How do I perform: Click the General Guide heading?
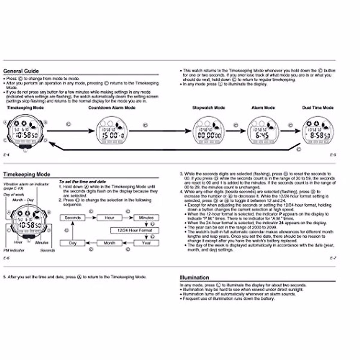(x=21, y=71)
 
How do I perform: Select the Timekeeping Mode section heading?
(x=26, y=174)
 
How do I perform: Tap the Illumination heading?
(x=194, y=277)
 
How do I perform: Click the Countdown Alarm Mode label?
(x=112, y=108)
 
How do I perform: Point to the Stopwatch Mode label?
(x=208, y=108)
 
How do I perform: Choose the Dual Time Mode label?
(x=318, y=108)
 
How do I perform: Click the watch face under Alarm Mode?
(x=263, y=131)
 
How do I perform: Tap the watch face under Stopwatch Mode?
(x=208, y=131)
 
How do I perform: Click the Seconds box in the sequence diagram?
(x=73, y=218)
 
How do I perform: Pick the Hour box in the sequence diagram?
(x=109, y=218)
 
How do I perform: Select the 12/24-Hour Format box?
(x=134, y=230)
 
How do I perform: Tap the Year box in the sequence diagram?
(x=146, y=243)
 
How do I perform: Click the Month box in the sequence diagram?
(x=109, y=243)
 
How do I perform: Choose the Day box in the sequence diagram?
(x=73, y=243)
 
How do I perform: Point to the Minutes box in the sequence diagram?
(x=146, y=218)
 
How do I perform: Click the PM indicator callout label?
(x=14, y=250)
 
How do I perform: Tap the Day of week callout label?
(x=13, y=195)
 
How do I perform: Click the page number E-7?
(x=333, y=258)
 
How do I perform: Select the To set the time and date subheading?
(x=82, y=182)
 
